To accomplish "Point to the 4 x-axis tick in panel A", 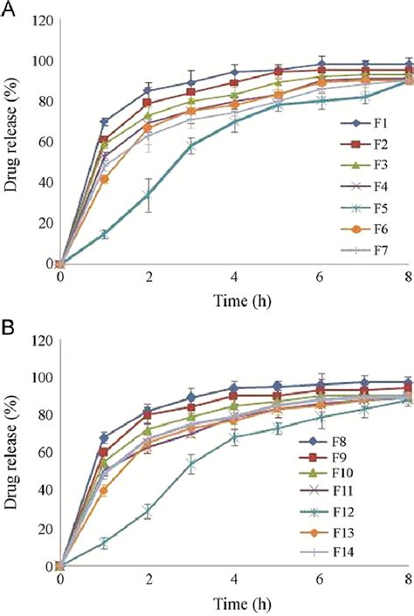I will point(235,277).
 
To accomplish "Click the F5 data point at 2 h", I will point(148,195).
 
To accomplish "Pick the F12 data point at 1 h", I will point(105,543).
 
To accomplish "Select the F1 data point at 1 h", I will point(105,122).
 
